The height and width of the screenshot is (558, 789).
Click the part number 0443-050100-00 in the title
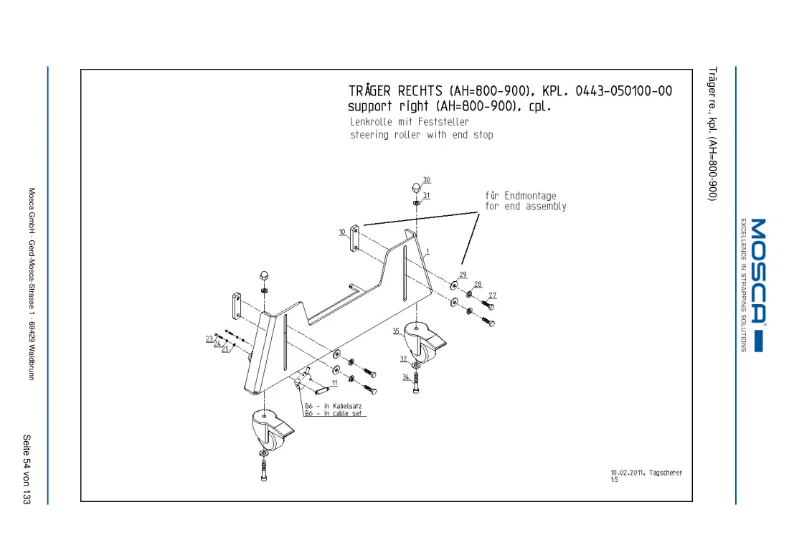623,91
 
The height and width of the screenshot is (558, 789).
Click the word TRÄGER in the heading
369,90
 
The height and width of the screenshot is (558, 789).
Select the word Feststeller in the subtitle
443,122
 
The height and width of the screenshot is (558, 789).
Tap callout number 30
427,179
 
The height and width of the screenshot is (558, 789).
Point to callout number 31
426,195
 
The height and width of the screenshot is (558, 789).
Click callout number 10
342,232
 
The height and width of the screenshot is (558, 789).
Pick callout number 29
463,274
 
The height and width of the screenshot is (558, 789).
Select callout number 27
493,295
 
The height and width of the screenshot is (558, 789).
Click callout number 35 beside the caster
396,331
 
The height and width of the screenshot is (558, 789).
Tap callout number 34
405,377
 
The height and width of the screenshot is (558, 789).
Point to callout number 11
335,383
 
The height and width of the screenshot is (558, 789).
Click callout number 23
209,339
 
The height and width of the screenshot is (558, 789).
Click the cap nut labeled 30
416,188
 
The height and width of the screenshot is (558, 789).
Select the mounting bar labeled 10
355,238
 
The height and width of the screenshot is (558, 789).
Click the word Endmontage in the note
530,196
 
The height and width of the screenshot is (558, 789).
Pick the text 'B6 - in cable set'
333,413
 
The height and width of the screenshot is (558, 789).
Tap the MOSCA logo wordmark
758,270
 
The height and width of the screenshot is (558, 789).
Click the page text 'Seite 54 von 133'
27,470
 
